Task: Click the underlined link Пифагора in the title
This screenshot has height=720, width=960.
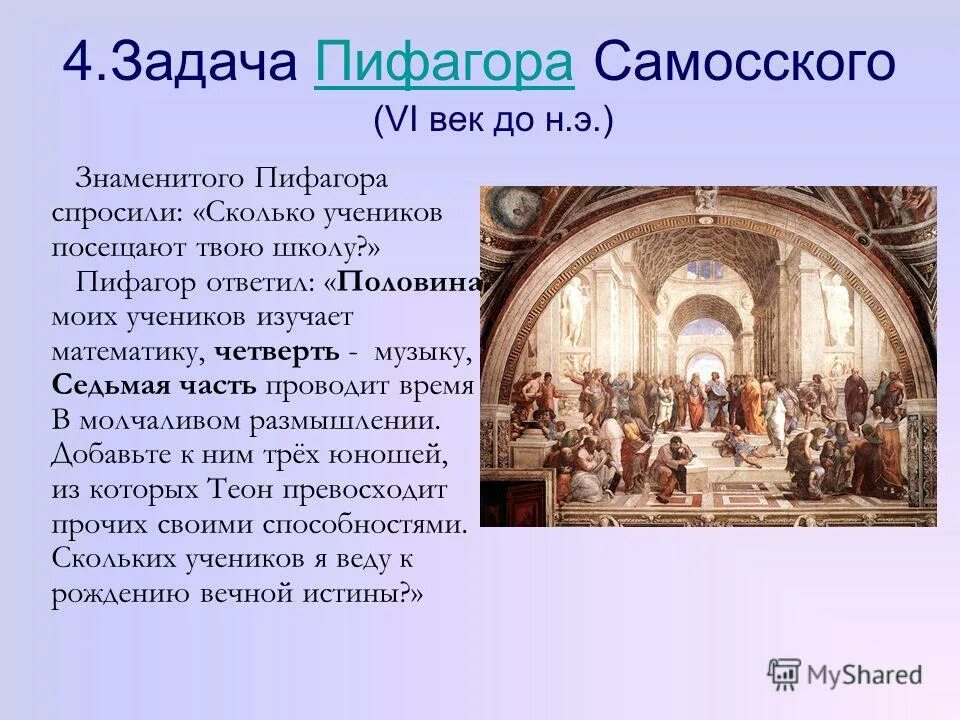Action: click(x=443, y=65)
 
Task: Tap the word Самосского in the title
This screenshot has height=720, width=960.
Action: click(x=743, y=65)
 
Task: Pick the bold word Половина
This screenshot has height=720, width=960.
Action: click(x=409, y=282)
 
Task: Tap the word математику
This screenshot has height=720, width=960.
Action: click(x=130, y=352)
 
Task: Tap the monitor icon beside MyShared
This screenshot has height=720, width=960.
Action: click(x=785, y=674)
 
